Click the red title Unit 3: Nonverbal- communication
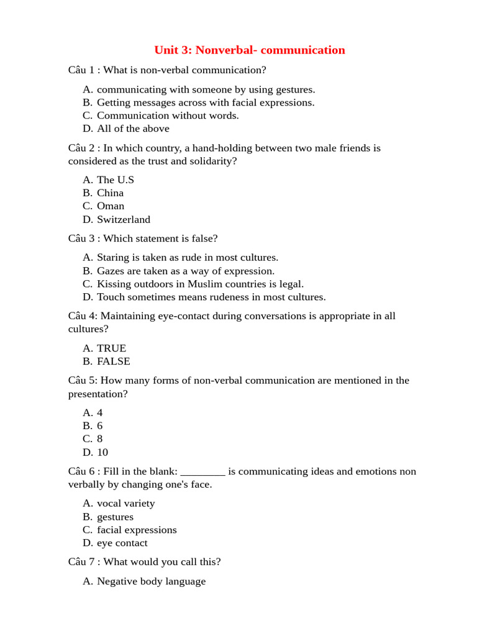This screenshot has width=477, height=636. coord(249,50)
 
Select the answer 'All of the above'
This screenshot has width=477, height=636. coord(133,129)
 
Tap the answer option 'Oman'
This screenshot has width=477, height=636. coord(111,206)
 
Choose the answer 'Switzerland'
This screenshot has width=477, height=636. coord(124,219)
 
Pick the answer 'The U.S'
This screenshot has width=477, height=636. coord(116,179)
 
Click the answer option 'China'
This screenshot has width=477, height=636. coord(111,193)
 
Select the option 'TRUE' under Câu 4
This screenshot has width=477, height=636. coord(112,348)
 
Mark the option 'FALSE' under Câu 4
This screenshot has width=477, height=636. coord(114,361)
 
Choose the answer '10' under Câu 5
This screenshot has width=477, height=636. coord(102,452)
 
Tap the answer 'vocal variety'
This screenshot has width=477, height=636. coord(126,504)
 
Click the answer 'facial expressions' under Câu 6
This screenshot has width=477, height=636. coord(137,530)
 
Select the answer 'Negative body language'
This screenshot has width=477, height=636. coord(151,581)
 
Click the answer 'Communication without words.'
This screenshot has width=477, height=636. coord(168,116)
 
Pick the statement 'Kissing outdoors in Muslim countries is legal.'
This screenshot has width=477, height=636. coord(200,284)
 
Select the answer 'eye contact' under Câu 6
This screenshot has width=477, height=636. coord(122,543)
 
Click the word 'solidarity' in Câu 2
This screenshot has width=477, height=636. coord(212,161)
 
